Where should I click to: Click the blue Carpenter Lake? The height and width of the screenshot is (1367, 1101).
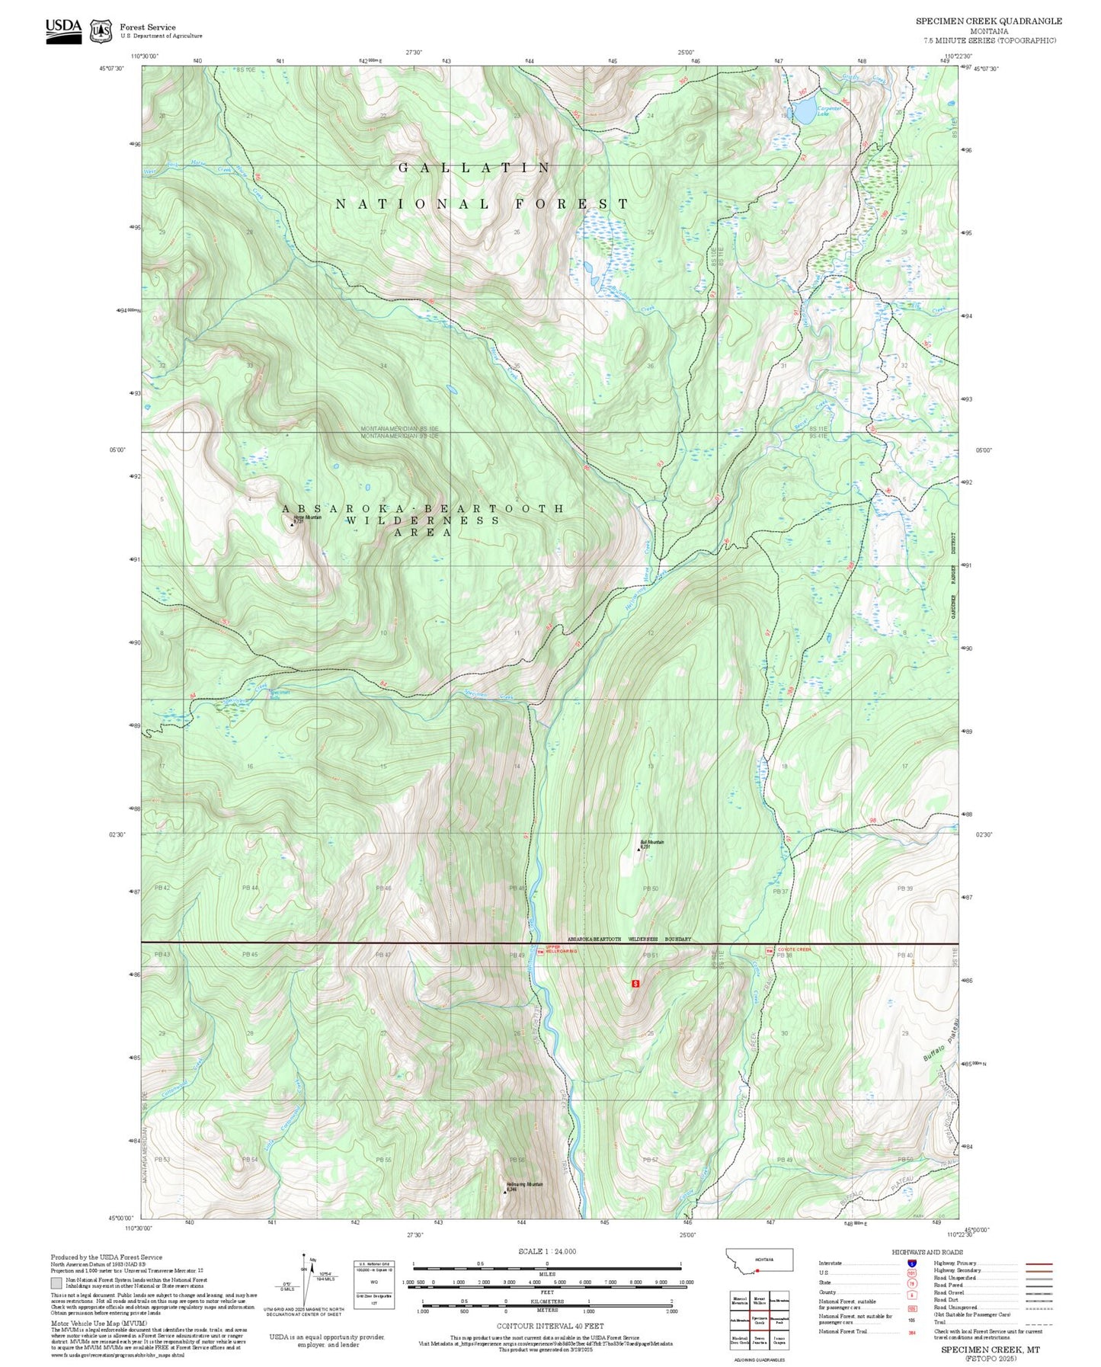point(805,113)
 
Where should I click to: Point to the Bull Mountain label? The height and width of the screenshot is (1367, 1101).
point(651,844)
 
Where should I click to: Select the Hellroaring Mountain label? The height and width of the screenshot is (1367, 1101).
point(524,1186)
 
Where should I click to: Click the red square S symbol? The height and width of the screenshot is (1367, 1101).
point(635,983)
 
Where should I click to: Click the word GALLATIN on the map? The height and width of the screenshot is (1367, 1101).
point(474,168)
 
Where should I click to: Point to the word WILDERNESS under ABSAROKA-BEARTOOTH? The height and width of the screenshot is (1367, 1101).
point(423,520)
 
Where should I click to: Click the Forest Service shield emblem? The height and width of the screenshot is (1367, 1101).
point(101,31)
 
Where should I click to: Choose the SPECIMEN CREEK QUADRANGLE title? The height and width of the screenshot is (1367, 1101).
point(988,21)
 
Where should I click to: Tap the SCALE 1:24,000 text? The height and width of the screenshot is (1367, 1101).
point(536,1251)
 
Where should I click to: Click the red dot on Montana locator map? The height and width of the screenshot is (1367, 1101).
point(757,1271)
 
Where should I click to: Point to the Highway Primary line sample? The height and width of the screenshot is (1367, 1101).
point(1039,1263)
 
